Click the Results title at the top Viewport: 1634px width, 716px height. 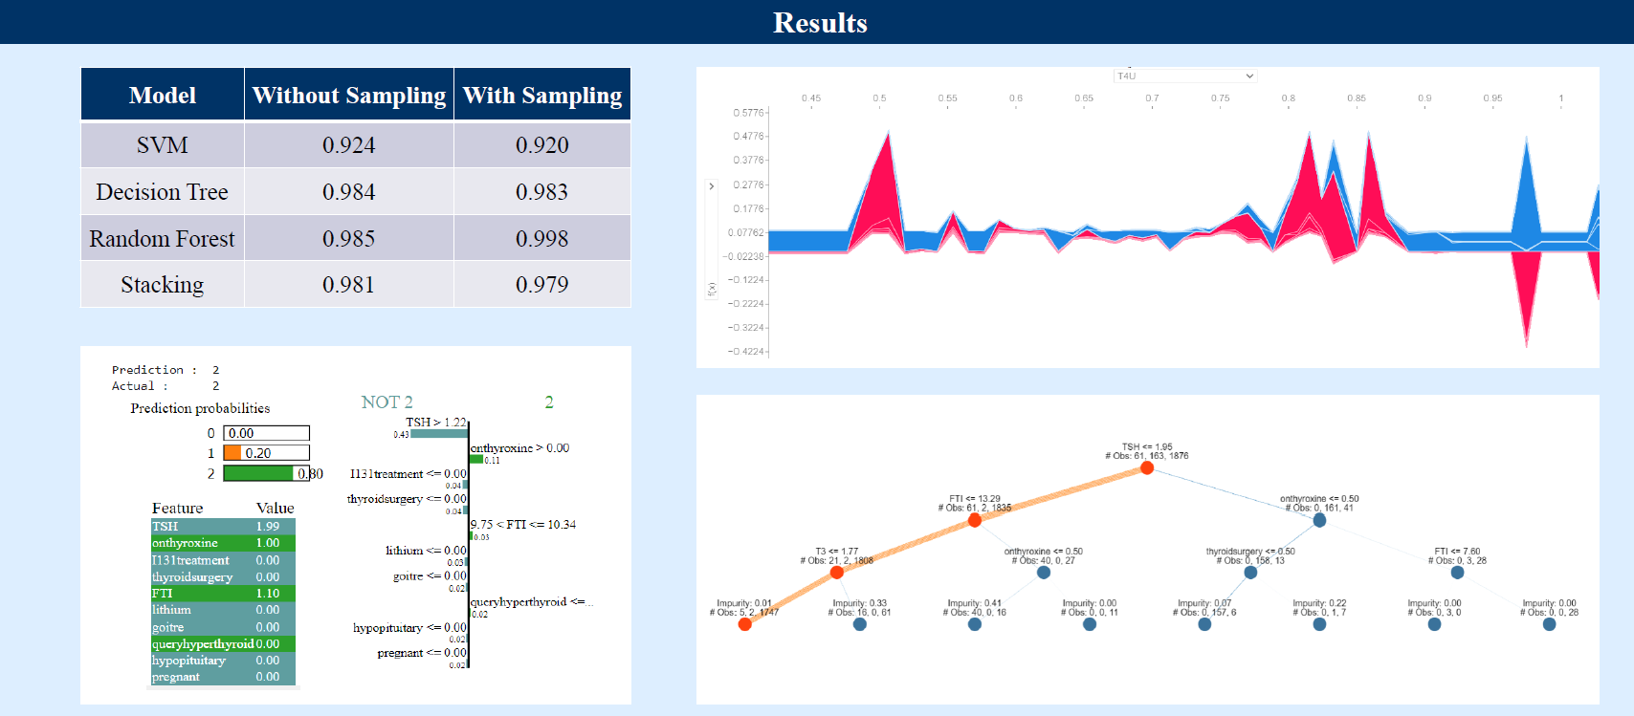pos(820,23)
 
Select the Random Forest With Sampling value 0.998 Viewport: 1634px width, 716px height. pos(541,239)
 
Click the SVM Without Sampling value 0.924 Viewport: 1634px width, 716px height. pos(348,145)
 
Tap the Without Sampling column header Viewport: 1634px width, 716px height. pos(349,96)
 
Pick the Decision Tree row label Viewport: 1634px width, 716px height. pos(162,192)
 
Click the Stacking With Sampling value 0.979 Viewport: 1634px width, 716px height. pos(541,285)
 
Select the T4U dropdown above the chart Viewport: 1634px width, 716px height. pos(1184,76)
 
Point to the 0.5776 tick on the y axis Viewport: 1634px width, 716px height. pos(749,113)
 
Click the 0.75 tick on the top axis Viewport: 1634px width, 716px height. pos(1220,98)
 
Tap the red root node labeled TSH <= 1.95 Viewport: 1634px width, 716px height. pos(1146,467)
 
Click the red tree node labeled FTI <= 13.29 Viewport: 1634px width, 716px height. pos(974,520)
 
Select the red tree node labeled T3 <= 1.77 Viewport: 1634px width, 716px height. pos(837,572)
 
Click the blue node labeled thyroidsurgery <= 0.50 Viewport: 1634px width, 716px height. pos(1250,572)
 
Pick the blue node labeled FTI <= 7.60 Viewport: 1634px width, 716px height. pos(1457,572)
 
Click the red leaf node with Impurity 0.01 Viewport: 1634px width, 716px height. pos(744,624)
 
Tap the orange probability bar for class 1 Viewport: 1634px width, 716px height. pos(232,453)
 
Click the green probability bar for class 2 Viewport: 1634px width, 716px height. pos(258,473)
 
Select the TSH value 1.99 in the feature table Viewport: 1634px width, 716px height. pos(268,527)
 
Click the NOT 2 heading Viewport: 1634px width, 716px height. pos(386,402)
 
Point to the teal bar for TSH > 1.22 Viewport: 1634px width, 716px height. pos(439,434)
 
